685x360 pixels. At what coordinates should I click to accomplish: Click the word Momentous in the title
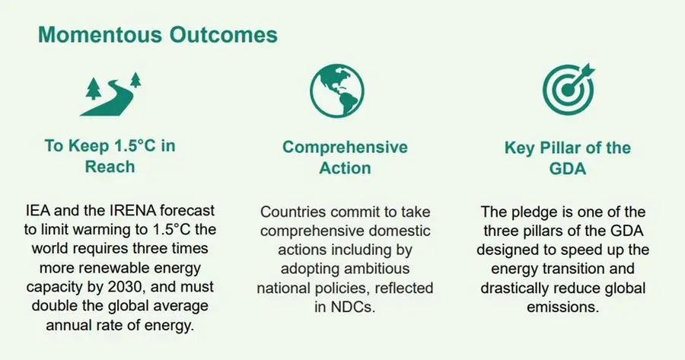tap(100, 35)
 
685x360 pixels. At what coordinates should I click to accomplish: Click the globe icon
tap(337, 91)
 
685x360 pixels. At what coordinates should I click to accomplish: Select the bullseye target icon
tap(569, 89)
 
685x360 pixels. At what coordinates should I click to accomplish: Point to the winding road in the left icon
tap(109, 100)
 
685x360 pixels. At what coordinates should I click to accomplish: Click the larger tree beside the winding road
tap(93, 89)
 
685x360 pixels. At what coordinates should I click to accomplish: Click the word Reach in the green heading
tap(110, 167)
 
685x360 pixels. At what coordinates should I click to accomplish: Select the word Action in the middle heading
tap(345, 168)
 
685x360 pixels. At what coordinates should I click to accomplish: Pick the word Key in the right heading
tap(520, 148)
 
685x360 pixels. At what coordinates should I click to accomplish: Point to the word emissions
tap(562, 307)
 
